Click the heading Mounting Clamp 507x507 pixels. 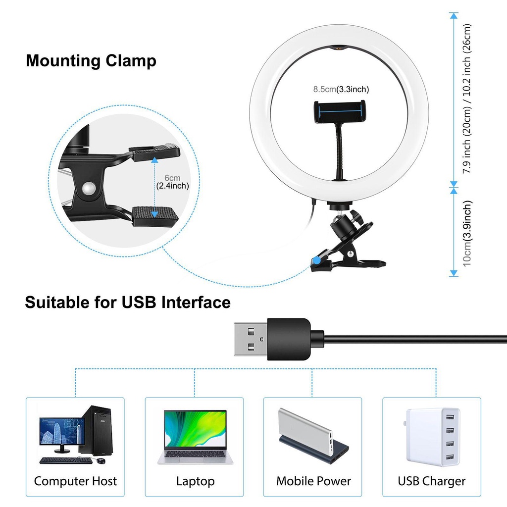[91, 61]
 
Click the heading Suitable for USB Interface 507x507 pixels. [128, 302]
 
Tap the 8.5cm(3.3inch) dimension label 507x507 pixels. [341, 90]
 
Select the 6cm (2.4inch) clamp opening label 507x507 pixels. [172, 182]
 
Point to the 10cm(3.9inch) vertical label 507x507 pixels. [467, 233]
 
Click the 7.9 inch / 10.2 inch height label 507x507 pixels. [467, 99]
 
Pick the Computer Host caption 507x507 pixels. [75, 481]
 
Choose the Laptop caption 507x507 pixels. [195, 481]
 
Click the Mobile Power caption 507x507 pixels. [313, 481]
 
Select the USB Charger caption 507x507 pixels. [432, 481]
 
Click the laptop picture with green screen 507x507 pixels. [195, 436]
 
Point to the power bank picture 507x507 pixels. [313, 436]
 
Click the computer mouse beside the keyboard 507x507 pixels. [101, 461]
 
